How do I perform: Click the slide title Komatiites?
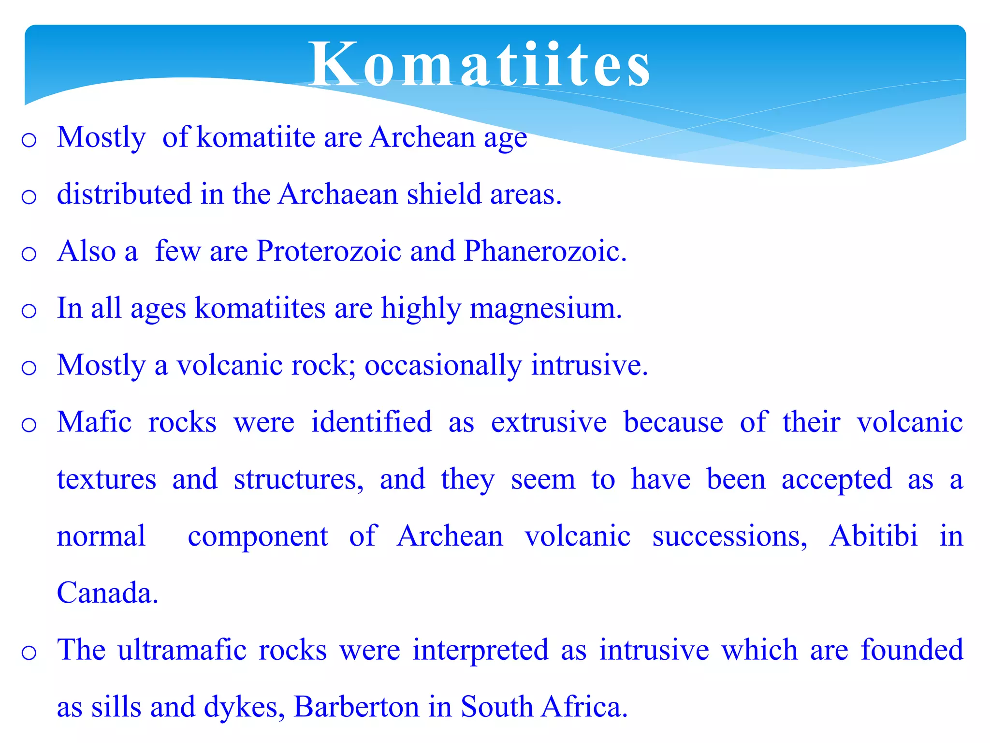480,64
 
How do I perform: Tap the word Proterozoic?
328,251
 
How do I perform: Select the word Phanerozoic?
544,251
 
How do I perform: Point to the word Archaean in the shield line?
338,194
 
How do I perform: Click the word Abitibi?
873,536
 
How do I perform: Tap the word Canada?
107,593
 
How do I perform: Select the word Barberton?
356,707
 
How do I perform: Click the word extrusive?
549,422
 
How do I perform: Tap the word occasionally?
443,365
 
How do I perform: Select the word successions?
729,536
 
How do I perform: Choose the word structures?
298,479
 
